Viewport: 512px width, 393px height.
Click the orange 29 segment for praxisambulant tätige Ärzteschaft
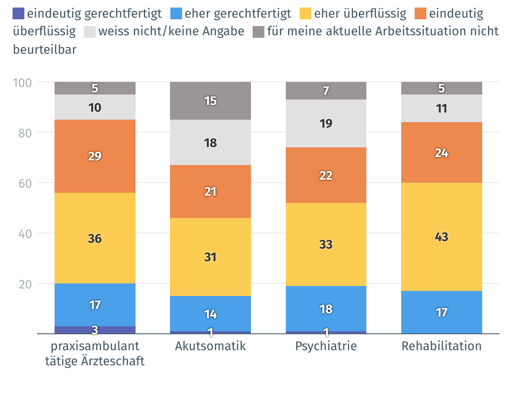95,156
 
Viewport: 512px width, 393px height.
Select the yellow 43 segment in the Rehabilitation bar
441,237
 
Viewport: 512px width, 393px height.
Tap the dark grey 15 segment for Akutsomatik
210,101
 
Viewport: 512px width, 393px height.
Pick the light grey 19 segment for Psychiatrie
326,123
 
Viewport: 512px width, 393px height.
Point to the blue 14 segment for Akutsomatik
210,313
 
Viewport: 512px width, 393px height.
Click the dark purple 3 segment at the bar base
95,330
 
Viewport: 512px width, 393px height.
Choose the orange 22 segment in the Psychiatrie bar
326,175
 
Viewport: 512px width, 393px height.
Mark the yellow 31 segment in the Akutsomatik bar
210,257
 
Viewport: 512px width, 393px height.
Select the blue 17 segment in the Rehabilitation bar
441,312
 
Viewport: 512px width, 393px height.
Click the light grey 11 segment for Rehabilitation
441,108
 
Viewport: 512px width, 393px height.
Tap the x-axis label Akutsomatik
210,346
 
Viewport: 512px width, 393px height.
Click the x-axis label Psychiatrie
326,346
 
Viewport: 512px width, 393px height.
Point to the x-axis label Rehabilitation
441,346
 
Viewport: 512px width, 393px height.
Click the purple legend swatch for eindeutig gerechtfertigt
19,13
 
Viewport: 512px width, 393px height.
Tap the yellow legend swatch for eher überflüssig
306,13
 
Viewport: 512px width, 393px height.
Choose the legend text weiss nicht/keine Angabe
171,31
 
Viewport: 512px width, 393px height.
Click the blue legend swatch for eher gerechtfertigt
176,13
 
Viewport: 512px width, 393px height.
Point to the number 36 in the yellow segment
95,238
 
